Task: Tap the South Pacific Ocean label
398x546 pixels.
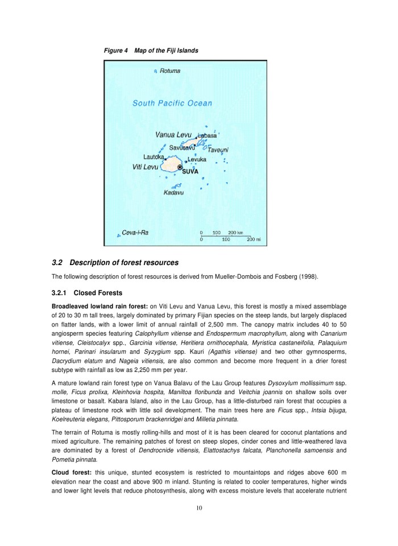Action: [x=172, y=104]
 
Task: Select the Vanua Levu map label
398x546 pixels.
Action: [x=173, y=135]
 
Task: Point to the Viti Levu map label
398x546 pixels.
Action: [x=145, y=167]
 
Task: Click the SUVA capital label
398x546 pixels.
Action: [x=190, y=171]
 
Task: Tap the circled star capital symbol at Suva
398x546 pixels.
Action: [x=180, y=167]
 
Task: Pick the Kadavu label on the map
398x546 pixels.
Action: [x=173, y=193]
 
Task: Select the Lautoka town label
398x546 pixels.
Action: [x=154, y=156]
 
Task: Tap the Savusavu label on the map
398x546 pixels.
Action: [x=183, y=147]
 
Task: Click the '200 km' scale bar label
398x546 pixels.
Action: [x=236, y=233]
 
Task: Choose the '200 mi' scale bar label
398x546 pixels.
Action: [x=254, y=239]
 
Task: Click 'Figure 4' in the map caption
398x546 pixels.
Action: [x=115, y=51]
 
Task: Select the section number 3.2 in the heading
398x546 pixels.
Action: [x=57, y=263]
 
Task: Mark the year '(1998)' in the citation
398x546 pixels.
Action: [x=308, y=277]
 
